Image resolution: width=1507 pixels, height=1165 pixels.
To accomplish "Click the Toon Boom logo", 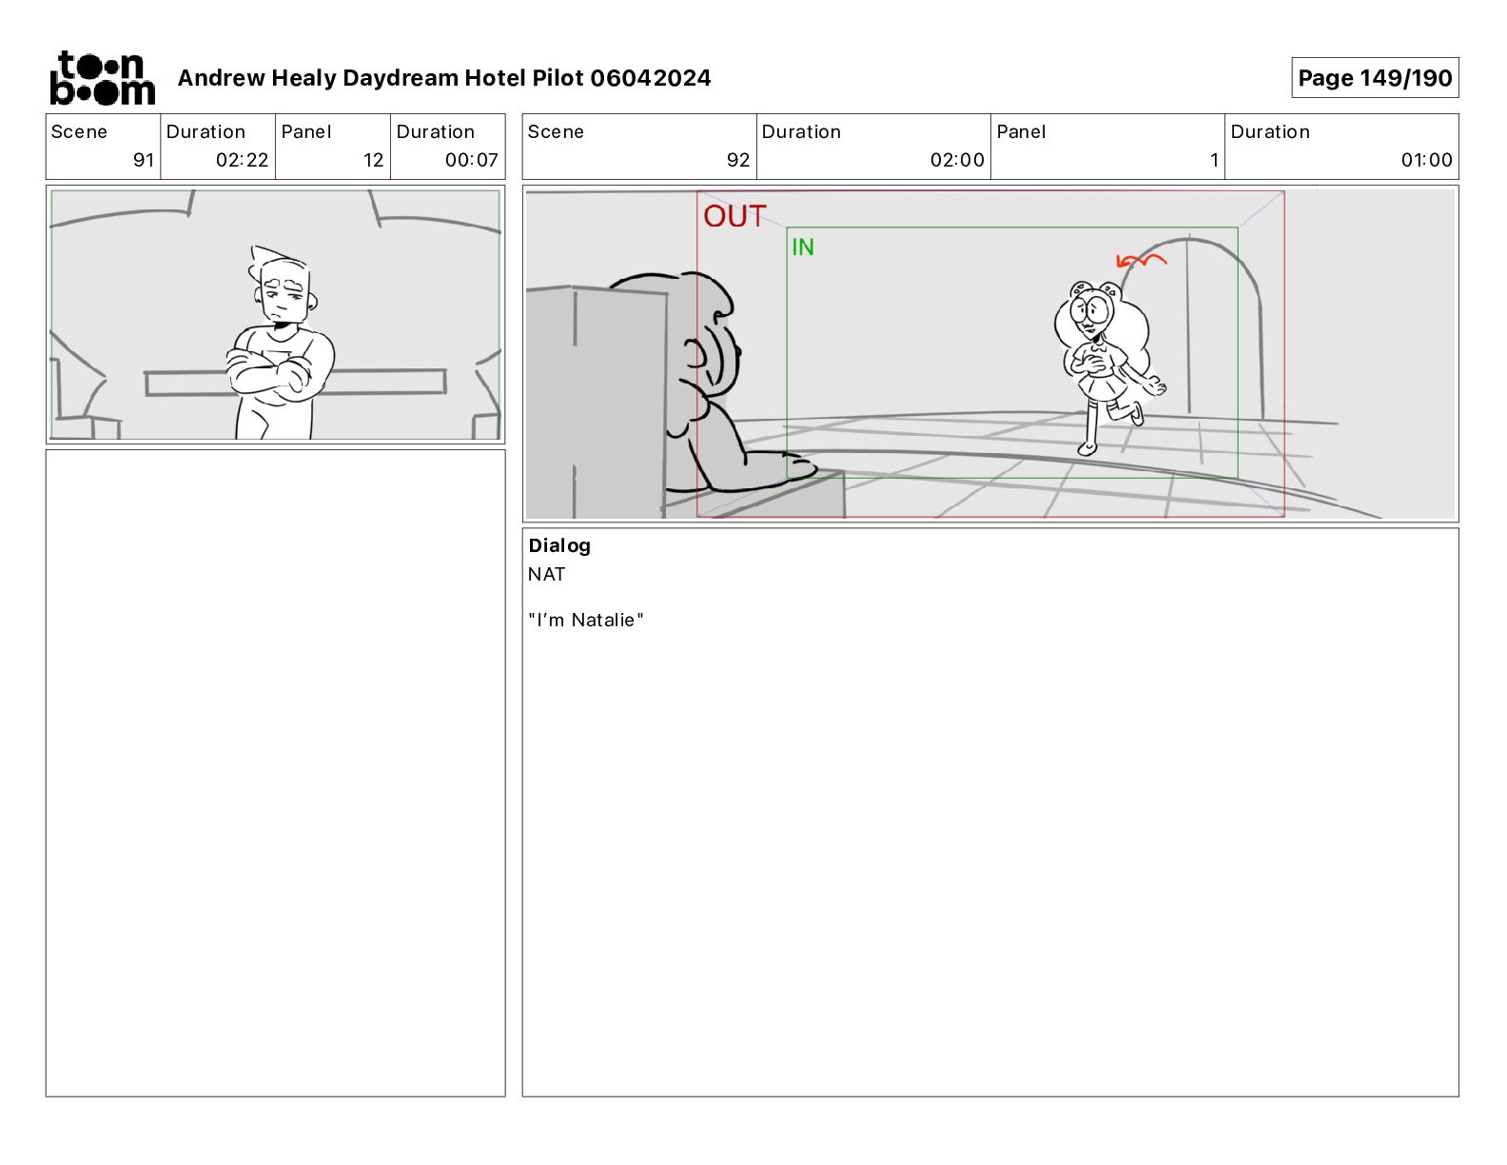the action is click(x=103, y=78).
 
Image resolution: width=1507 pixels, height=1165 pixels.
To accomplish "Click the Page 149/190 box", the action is click(x=1375, y=78).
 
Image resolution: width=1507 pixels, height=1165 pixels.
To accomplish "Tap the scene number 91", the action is click(x=144, y=160).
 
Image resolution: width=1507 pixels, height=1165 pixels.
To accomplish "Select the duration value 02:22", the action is click(x=242, y=160).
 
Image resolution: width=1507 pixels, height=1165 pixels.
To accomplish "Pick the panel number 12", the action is click(x=373, y=160).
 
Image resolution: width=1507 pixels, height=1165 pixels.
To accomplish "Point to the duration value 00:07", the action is click(x=472, y=160).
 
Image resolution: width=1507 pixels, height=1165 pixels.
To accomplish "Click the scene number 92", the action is click(x=738, y=160).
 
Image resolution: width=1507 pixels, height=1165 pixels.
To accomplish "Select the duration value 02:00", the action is click(x=957, y=160).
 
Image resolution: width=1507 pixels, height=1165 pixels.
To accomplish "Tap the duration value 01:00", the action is click(x=1426, y=160).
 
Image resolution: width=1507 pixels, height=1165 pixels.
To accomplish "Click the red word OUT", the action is click(x=734, y=216).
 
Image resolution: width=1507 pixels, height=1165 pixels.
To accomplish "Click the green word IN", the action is click(x=802, y=247).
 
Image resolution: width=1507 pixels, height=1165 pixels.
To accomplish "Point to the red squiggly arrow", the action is click(x=1141, y=261).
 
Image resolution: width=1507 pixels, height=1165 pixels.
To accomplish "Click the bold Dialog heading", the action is click(x=559, y=545).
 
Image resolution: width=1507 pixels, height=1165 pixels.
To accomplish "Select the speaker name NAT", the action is click(x=546, y=575).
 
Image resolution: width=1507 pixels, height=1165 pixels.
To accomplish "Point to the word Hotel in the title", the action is click(x=495, y=78).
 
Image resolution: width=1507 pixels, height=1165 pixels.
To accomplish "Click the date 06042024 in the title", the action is click(x=650, y=78).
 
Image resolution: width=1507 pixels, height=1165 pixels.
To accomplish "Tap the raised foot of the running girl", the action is click(x=1136, y=413).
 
